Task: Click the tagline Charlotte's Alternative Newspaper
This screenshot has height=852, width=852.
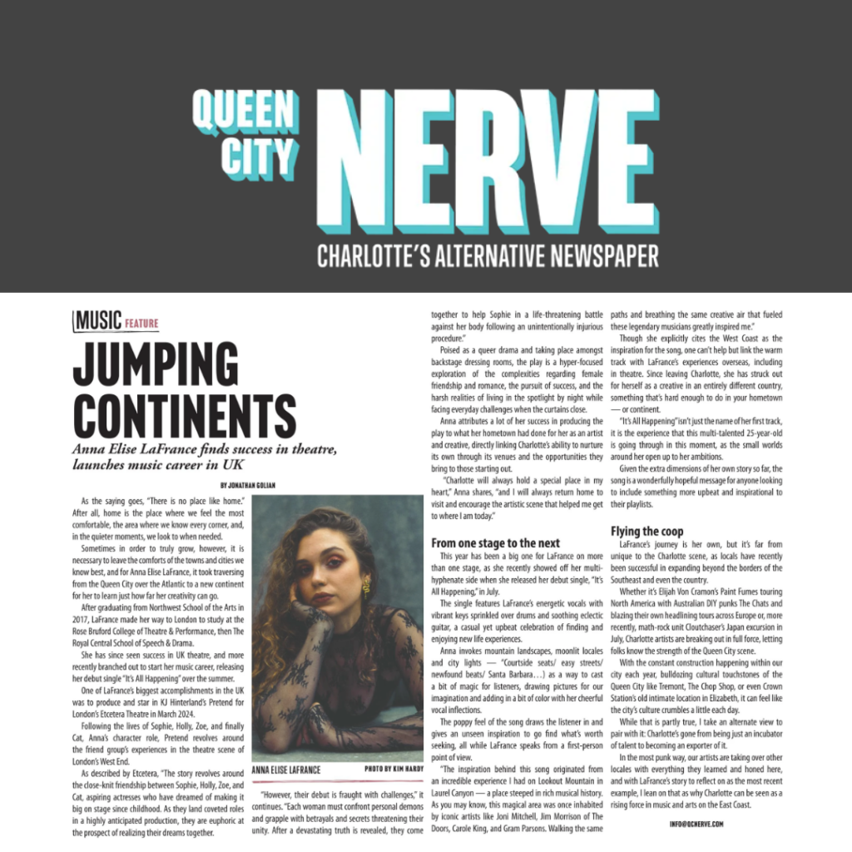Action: [x=488, y=255]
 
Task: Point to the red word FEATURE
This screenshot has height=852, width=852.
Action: [x=141, y=323]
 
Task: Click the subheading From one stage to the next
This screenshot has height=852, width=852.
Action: [x=495, y=543]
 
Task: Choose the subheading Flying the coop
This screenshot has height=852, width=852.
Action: [x=646, y=531]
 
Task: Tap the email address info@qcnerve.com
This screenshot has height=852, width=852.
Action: [x=696, y=824]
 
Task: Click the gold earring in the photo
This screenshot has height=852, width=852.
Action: [x=365, y=588]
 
